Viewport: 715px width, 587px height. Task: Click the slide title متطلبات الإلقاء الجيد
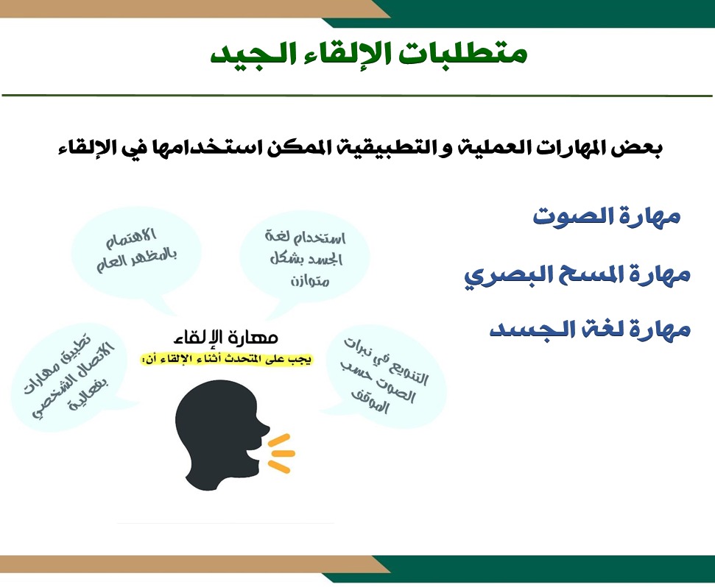click(368, 54)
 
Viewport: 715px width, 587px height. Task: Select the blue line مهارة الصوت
click(607, 216)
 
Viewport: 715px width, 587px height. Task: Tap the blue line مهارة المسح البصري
click(577, 275)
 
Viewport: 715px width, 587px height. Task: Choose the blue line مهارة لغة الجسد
click(590, 329)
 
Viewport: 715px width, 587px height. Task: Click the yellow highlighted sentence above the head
click(227, 359)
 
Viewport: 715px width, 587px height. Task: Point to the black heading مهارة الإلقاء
click(226, 338)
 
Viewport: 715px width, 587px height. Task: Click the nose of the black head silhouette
click(265, 429)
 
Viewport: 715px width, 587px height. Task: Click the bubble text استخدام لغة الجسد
click(305, 248)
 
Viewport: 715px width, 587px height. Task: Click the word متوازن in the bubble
click(309, 280)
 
